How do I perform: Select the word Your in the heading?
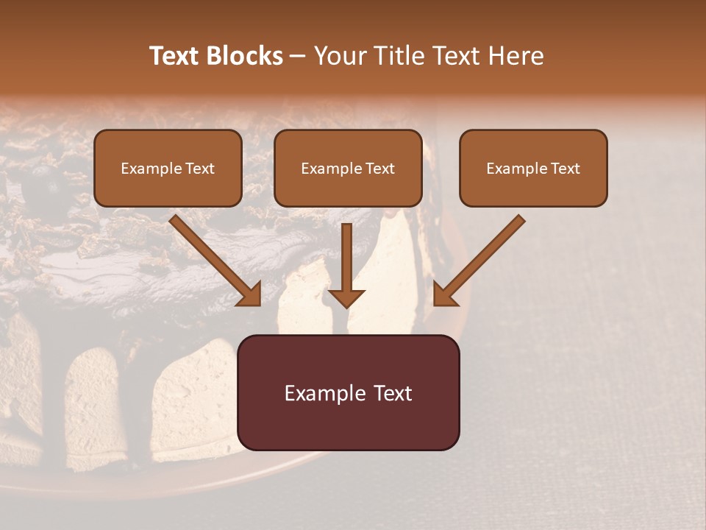tap(338, 56)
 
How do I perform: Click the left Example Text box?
tap(168, 169)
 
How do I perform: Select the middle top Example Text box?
tap(348, 169)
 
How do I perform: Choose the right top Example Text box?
tap(533, 169)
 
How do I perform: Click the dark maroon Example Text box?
tap(349, 392)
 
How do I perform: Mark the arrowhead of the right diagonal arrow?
tap(444, 294)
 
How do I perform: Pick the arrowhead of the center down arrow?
tap(346, 297)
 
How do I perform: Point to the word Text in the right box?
tap(565, 169)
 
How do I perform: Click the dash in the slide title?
tap(299, 56)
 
